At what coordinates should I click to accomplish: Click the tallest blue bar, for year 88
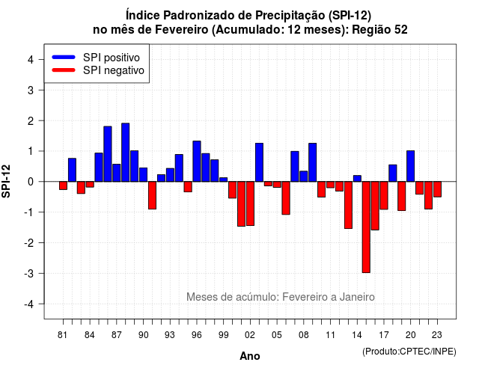tap(125, 153)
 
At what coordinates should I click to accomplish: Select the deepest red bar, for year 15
tap(366, 227)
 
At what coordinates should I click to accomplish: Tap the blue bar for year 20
tap(411, 166)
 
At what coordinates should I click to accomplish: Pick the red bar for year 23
tap(437, 189)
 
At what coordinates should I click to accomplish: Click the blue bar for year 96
tap(197, 162)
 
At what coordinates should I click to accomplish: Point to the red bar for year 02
tap(250, 203)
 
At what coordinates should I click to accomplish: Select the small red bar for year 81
tap(63, 186)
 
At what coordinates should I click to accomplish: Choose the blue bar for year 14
tap(357, 179)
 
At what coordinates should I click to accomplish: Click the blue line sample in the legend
tap(64, 57)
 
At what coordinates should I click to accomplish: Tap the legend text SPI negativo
tap(114, 70)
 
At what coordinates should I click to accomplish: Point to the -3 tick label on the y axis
tap(30, 273)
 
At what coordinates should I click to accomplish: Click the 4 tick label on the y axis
tap(31, 59)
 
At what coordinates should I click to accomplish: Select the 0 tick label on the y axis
tap(31, 182)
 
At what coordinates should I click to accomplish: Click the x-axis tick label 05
tap(276, 335)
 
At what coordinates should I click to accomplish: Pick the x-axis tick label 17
tap(384, 335)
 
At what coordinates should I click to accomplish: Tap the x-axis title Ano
tap(250, 356)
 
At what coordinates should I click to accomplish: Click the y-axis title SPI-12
tap(6, 181)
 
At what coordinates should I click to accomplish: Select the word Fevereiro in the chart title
tap(181, 30)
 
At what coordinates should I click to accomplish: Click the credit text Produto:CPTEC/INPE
tap(409, 352)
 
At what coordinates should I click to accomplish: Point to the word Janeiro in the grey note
tap(357, 297)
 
